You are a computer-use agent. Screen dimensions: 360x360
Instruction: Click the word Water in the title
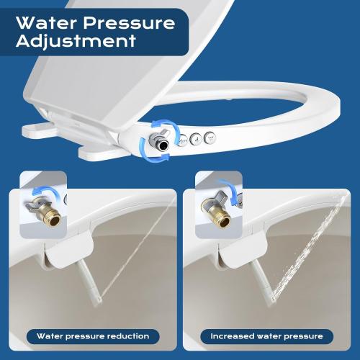45,22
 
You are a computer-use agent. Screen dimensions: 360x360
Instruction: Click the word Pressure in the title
127,22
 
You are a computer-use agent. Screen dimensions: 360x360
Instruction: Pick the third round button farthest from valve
210,136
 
